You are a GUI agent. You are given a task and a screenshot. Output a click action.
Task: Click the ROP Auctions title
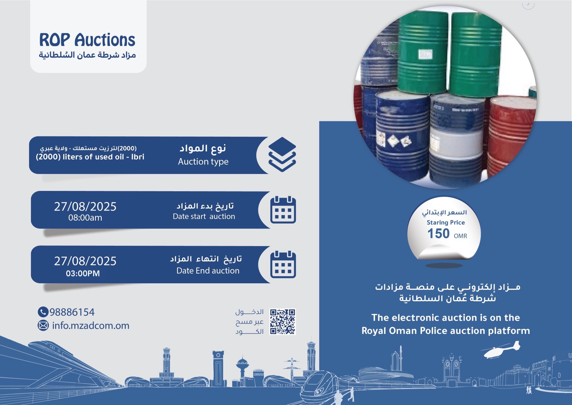coord(87,40)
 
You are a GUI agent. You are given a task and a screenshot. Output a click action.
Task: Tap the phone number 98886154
coord(72,312)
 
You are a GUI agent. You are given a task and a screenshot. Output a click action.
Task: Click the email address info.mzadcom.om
coord(91,326)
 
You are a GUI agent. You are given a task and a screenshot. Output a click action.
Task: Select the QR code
coord(283,321)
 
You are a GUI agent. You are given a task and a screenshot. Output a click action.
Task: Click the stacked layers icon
coord(282,154)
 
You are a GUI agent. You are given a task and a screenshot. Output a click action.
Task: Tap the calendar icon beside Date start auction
coord(283,210)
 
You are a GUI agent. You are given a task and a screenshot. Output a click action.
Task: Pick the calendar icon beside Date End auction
coord(283,264)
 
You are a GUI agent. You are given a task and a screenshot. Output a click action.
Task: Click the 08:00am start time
coord(85,218)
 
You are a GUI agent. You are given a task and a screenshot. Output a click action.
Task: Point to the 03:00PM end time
coord(83,273)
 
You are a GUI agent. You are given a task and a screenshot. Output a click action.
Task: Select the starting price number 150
coord(438,234)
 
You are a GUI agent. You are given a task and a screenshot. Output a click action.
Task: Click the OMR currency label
coord(460,236)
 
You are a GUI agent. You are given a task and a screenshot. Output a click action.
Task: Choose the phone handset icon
coord(43,312)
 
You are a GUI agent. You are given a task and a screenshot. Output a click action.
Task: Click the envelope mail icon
coord(43,326)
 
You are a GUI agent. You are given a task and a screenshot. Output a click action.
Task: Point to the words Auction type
coord(203,162)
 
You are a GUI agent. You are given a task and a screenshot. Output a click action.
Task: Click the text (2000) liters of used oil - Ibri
coord(90,157)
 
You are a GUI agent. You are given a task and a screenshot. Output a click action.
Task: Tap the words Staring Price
coord(446,223)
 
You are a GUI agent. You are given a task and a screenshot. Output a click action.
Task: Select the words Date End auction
coord(208,271)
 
